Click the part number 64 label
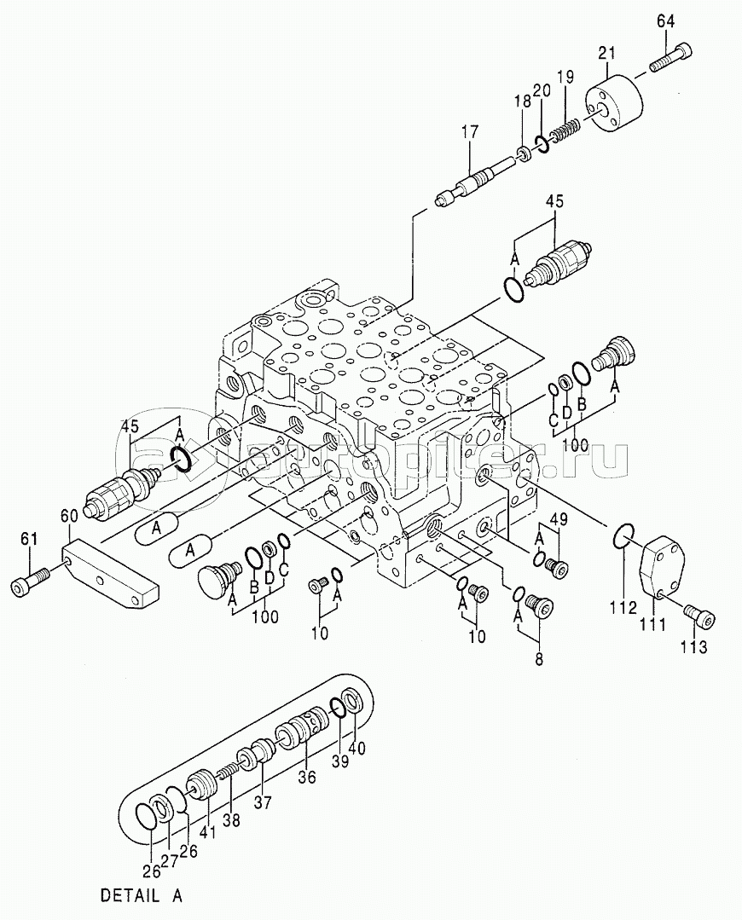(665, 21)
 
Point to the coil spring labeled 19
(567, 130)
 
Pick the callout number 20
(542, 90)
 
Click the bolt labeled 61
(30, 581)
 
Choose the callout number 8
(539, 659)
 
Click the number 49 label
(559, 518)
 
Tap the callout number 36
(306, 777)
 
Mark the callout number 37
(263, 801)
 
